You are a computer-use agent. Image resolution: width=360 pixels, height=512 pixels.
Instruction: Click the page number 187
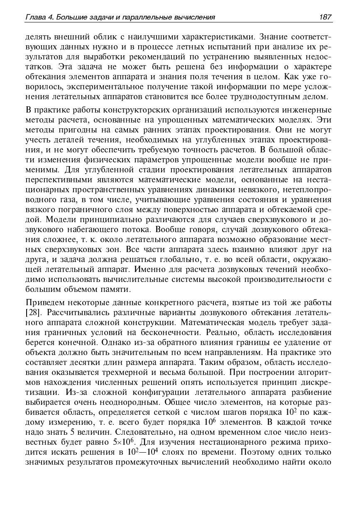coord(326,17)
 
